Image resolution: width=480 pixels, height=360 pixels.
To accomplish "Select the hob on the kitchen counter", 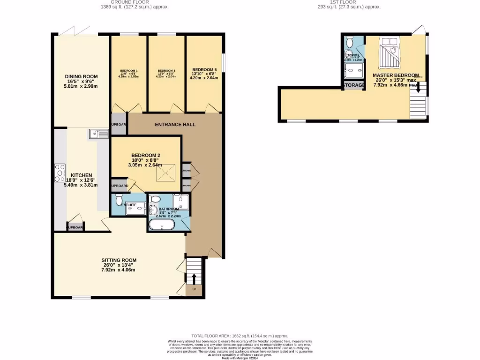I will click(60, 173).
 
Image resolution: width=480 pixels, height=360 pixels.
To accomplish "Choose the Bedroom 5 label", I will click(204, 69).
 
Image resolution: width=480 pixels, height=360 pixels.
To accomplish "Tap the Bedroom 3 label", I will click(129, 71).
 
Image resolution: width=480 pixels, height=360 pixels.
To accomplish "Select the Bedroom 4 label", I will click(166, 71).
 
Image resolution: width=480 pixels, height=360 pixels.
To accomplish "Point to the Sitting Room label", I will click(119, 260).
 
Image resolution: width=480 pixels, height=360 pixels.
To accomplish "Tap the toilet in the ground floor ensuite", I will click(118, 199).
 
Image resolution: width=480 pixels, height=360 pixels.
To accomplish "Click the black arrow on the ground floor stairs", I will click(193, 278).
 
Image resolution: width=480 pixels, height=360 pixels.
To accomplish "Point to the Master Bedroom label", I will click(395, 75).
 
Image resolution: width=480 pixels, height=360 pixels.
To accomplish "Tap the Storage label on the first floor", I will click(354, 85).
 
